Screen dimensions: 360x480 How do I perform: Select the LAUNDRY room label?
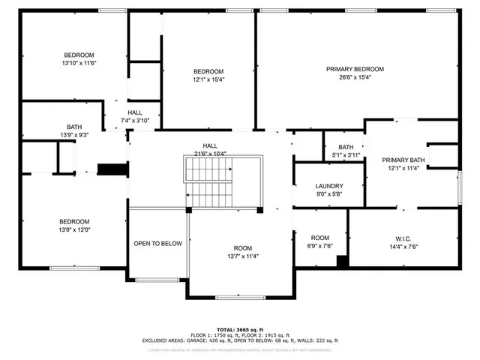pyautogui.click(x=329, y=186)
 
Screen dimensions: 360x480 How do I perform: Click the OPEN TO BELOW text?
pyautogui.click(x=157, y=244)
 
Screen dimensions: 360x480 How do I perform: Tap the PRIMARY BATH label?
pyautogui.click(x=403, y=160)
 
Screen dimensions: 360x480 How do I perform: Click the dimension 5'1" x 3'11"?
pyautogui.click(x=346, y=154)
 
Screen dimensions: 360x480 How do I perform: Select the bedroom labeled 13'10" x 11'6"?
pyautogui.click(x=79, y=59)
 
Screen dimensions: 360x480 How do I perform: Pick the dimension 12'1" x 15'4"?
pyautogui.click(x=209, y=79)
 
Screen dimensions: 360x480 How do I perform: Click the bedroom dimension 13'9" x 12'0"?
pyautogui.click(x=75, y=230)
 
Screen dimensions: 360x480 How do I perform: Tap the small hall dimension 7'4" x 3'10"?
pyautogui.click(x=135, y=121)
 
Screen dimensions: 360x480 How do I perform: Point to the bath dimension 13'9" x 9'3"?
pyautogui.click(x=74, y=135)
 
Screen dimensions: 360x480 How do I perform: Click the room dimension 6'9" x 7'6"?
pyautogui.click(x=320, y=245)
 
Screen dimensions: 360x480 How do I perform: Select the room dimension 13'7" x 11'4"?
pyautogui.click(x=242, y=256)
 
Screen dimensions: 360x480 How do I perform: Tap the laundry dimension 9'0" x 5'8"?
pyautogui.click(x=329, y=194)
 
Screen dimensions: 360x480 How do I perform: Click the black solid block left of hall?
pyautogui.click(x=112, y=169)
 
